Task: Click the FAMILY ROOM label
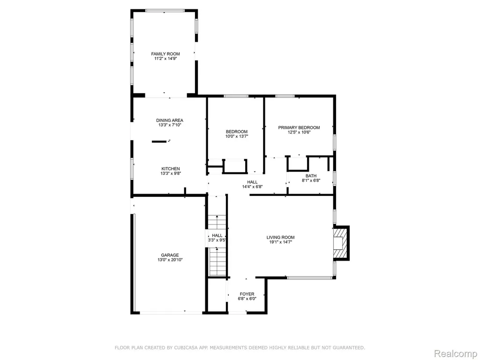(165, 54)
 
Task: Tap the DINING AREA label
(170, 120)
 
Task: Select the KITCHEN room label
(171, 169)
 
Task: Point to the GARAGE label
(170, 255)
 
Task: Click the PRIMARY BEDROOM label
(299, 127)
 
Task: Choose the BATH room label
(311, 176)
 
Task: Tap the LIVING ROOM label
(280, 237)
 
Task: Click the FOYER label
(247, 294)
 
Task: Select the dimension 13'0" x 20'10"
(170, 260)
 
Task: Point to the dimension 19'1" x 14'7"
(280, 242)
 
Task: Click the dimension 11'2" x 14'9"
(165, 59)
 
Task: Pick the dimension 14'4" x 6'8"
(252, 187)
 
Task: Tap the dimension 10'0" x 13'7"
(237, 136)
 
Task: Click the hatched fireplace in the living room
(340, 243)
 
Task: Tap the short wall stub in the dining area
(159, 142)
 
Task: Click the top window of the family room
(165, 11)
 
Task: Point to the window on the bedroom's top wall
(236, 96)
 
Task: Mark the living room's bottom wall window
(310, 277)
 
